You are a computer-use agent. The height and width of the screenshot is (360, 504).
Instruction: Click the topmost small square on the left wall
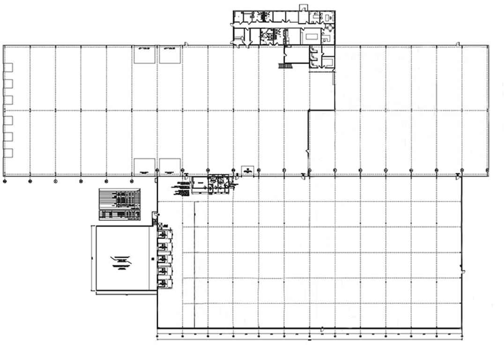click(x=8, y=67)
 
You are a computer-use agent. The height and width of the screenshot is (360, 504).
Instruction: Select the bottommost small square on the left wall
click(x=8, y=153)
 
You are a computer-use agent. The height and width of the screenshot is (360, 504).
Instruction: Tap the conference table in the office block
click(x=311, y=36)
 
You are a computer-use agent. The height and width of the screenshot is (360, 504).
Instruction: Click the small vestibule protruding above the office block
click(x=304, y=7)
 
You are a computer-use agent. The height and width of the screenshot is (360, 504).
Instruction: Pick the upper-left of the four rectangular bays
click(x=144, y=55)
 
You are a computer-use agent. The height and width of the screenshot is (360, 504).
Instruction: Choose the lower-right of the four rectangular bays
click(x=170, y=165)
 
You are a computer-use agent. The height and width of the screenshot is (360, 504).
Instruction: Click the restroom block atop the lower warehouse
click(x=221, y=183)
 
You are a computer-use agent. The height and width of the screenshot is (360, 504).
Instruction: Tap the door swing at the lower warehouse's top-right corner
click(x=458, y=176)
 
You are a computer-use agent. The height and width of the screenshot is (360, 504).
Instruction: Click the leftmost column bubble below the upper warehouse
click(x=5, y=180)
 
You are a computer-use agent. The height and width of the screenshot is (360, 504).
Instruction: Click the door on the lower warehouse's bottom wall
click(x=322, y=330)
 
